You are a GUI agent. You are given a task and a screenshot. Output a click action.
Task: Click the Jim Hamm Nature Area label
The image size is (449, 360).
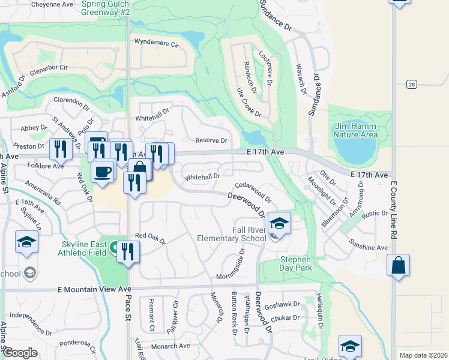(x=356, y=130)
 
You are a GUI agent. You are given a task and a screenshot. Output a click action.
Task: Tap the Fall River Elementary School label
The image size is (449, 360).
(x=232, y=234)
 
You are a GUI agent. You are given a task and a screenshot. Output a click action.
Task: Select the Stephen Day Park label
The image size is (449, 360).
(x=295, y=264)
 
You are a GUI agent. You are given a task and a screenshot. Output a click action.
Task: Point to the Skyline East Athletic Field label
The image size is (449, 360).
(x=85, y=248)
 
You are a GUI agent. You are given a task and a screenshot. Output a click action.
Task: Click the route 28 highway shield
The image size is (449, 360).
(x=411, y=84)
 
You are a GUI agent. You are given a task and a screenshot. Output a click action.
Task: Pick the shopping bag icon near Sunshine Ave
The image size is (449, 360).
(x=399, y=265)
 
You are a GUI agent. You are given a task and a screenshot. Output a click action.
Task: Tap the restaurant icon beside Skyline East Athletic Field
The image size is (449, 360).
(x=128, y=251)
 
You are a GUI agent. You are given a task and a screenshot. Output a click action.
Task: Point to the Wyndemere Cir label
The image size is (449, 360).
(x=157, y=43)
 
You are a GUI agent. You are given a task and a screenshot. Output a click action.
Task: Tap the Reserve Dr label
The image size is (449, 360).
(x=211, y=140)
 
